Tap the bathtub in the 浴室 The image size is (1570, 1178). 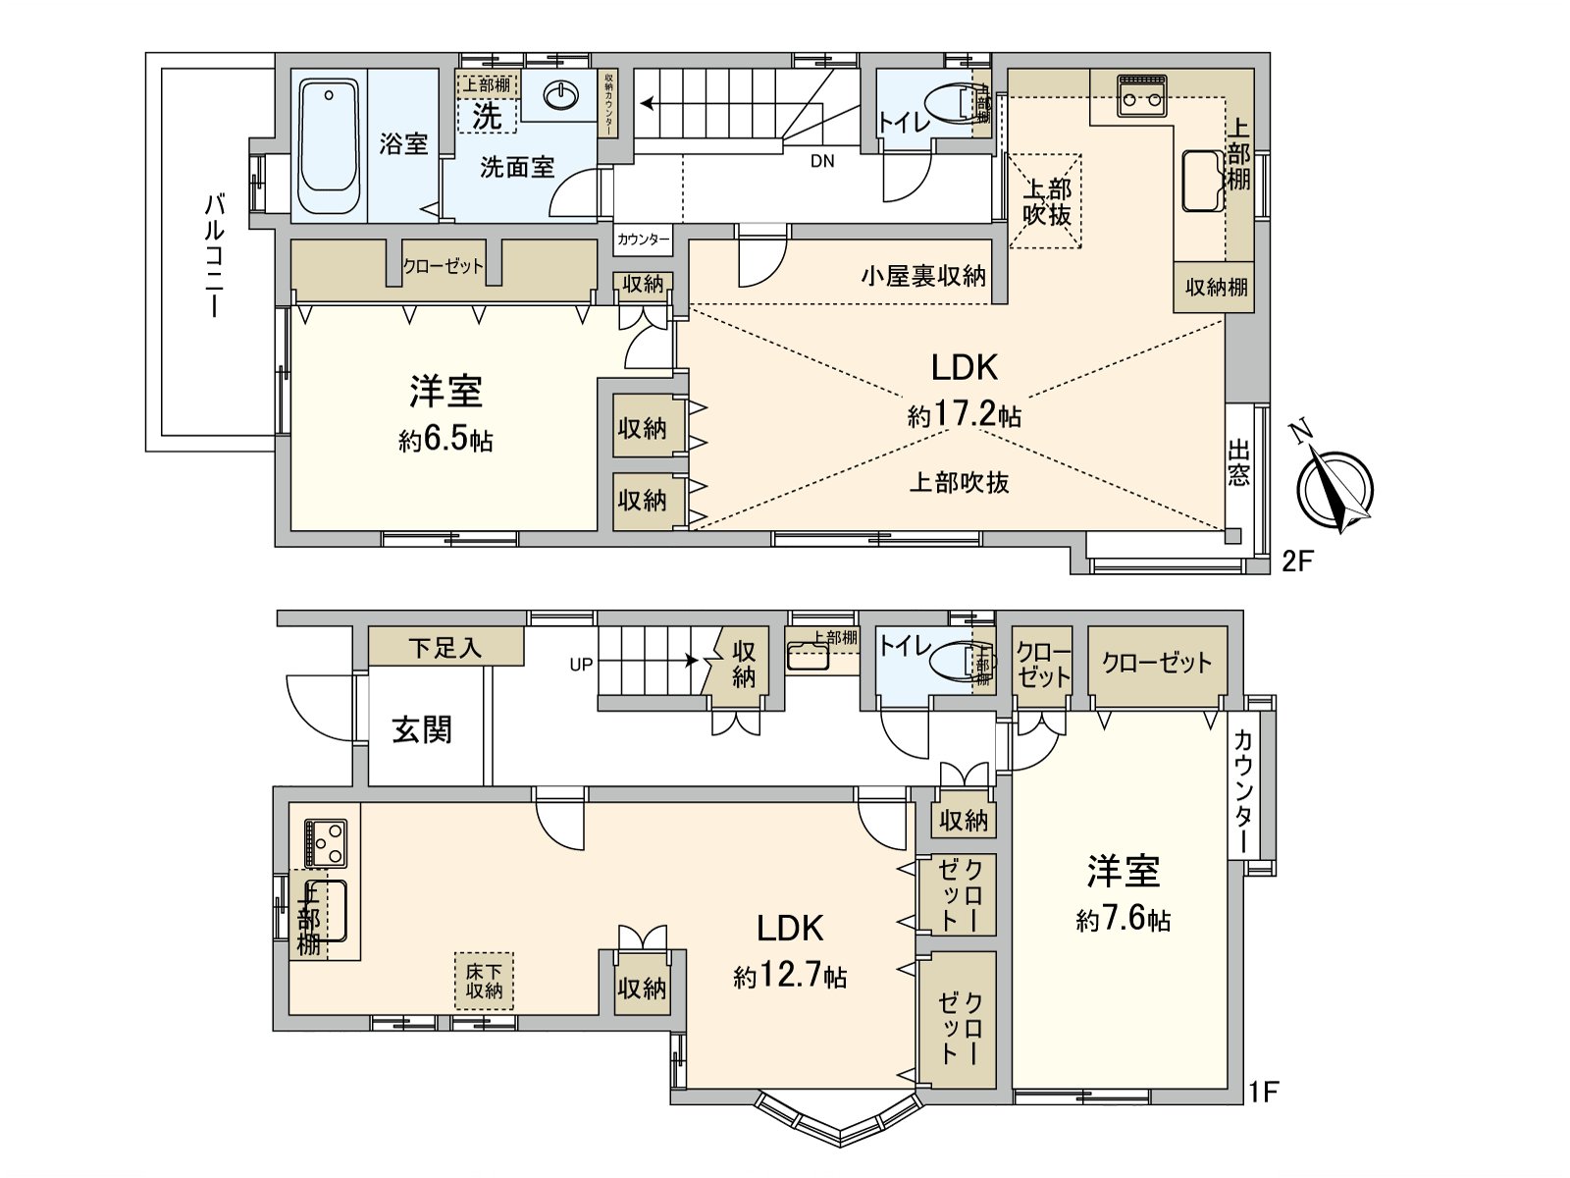click(328, 147)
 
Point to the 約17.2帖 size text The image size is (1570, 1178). click(964, 415)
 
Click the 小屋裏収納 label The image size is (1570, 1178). click(922, 276)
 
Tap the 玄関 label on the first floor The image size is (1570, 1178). click(422, 730)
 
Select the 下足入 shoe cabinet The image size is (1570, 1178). click(445, 648)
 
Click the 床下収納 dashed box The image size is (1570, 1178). click(484, 981)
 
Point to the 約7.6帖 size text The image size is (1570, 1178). click(1123, 920)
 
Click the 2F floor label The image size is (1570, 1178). click(1297, 562)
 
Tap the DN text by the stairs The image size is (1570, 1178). click(822, 161)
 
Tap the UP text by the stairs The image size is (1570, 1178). click(581, 665)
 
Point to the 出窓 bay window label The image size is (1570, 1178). click(1238, 464)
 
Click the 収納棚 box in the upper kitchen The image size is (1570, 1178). click(1215, 287)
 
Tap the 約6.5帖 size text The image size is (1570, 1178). click(445, 441)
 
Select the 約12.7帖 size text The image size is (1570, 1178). click(790, 977)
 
